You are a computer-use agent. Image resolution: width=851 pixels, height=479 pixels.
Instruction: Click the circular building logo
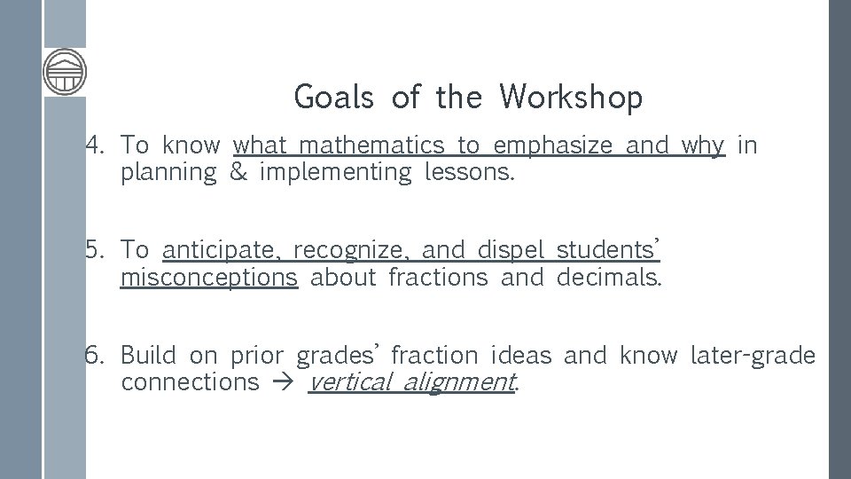coord(65,71)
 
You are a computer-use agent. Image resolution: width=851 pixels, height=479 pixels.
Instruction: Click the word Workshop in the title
coord(570,97)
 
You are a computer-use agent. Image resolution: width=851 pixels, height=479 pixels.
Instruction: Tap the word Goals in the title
coord(333,97)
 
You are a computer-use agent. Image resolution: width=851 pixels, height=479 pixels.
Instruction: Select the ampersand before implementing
coord(238,171)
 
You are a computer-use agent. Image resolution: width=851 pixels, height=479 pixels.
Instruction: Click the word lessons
coord(469,171)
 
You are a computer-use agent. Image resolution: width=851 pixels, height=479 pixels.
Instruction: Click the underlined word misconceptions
coord(208,278)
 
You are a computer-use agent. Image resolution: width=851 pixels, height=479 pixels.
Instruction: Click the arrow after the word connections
coord(283,382)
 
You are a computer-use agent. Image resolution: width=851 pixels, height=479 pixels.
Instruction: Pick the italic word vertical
coord(349,382)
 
